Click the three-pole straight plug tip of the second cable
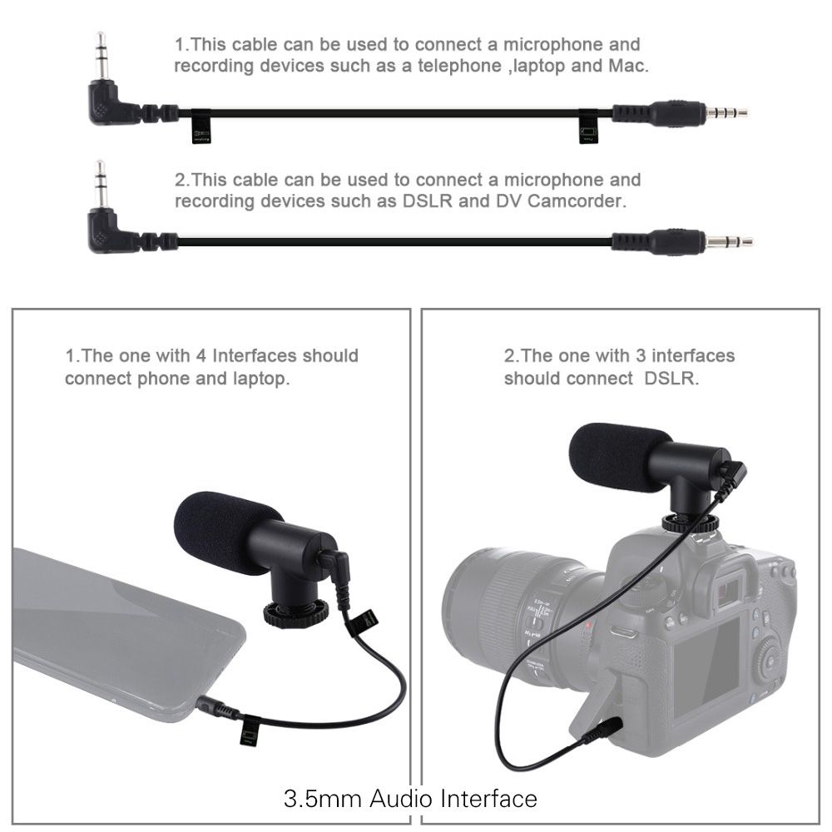(x=729, y=242)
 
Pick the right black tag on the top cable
(x=588, y=127)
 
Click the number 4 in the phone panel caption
(x=201, y=355)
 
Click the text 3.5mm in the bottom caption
(x=323, y=799)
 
